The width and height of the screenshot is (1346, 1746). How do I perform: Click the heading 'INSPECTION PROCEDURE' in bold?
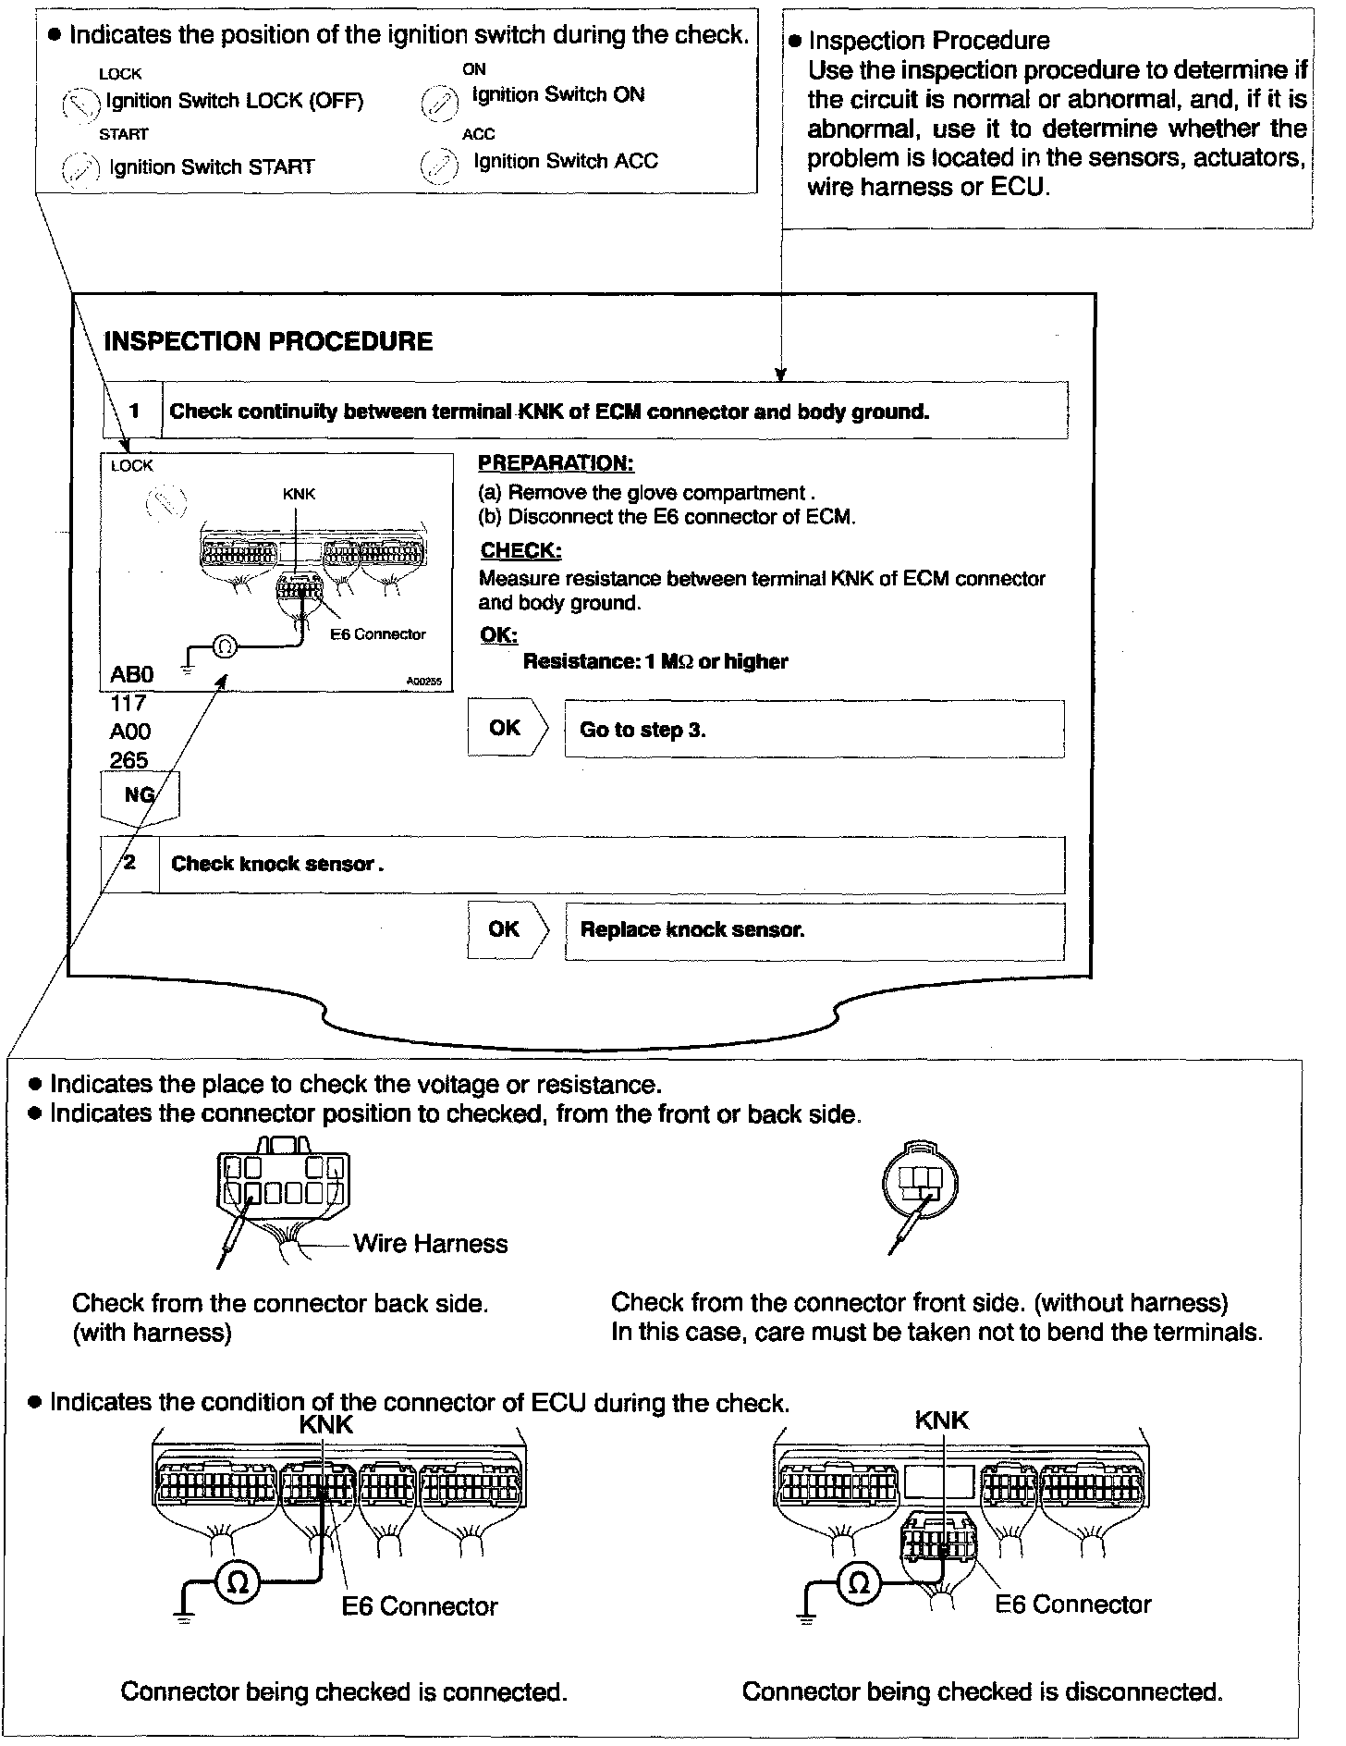click(x=268, y=341)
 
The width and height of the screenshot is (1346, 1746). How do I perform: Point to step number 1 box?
click(x=134, y=410)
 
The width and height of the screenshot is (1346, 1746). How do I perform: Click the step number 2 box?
click(x=130, y=863)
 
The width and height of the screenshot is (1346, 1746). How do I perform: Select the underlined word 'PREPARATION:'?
click(x=556, y=463)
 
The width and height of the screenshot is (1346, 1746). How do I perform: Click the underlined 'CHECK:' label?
click(x=520, y=551)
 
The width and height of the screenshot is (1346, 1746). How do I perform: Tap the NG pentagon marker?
click(x=140, y=796)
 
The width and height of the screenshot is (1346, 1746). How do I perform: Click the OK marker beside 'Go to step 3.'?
click(x=506, y=728)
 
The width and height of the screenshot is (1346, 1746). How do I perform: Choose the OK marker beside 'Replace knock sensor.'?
click(x=506, y=928)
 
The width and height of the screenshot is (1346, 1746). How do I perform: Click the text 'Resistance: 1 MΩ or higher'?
click(x=655, y=661)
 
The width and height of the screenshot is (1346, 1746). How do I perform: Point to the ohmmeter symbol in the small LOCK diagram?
click(x=225, y=646)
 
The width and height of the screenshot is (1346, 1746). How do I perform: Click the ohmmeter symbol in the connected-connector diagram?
click(x=238, y=1582)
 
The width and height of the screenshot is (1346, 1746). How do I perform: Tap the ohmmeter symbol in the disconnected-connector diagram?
click(x=859, y=1582)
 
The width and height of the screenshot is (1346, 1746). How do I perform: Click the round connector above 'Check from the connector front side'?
click(x=921, y=1183)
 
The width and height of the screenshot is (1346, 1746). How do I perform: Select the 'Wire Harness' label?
click(x=431, y=1243)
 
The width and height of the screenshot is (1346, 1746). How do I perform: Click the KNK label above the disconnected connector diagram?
click(x=941, y=1420)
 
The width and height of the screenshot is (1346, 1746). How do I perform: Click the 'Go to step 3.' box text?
click(x=642, y=730)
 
